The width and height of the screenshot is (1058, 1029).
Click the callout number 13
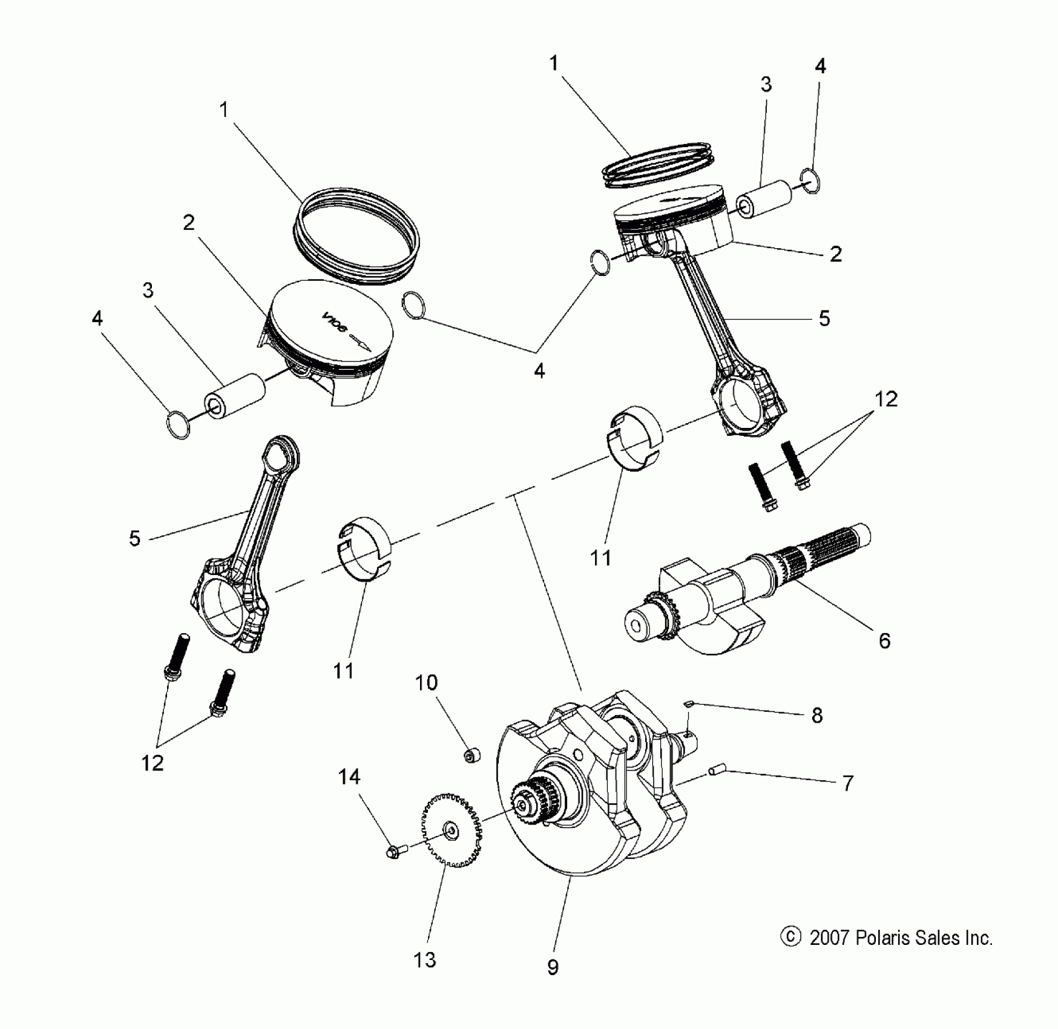(424, 959)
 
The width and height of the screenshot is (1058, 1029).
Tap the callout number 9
(553, 967)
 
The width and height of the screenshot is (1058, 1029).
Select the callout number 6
(884, 640)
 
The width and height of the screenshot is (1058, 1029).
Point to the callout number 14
(349, 777)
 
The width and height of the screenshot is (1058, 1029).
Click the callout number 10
(426, 683)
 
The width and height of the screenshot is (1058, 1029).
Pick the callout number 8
(817, 715)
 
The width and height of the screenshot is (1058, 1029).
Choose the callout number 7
(848, 783)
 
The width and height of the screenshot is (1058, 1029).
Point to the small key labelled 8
(688, 703)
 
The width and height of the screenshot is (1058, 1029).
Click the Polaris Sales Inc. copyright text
(901, 938)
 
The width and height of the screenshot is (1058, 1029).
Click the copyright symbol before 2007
(790, 937)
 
